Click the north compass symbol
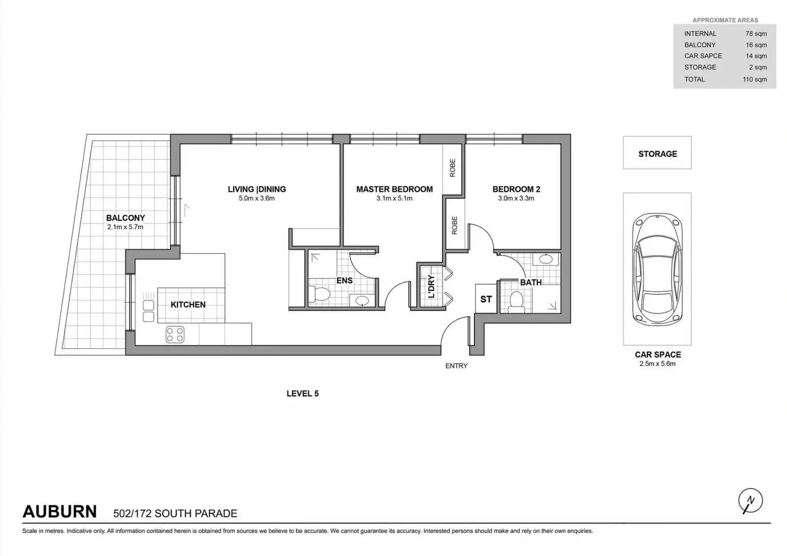tap(750, 501)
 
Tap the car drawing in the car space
tap(657, 269)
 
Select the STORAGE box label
tap(657, 154)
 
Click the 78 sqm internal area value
tap(756, 33)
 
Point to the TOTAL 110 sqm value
tap(754, 79)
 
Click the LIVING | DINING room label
tap(256, 189)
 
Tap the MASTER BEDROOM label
tap(394, 189)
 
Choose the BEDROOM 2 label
tap(516, 189)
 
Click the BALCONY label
tap(125, 218)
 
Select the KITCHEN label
tap(188, 305)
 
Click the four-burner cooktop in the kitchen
tap(175, 335)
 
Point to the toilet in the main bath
tap(516, 301)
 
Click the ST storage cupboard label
tap(486, 299)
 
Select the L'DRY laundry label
tap(431, 287)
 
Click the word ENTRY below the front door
tap(456, 366)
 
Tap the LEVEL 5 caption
tap(302, 394)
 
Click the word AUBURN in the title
tap(60, 512)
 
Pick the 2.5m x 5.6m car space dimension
tap(657, 364)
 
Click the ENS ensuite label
tap(344, 281)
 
